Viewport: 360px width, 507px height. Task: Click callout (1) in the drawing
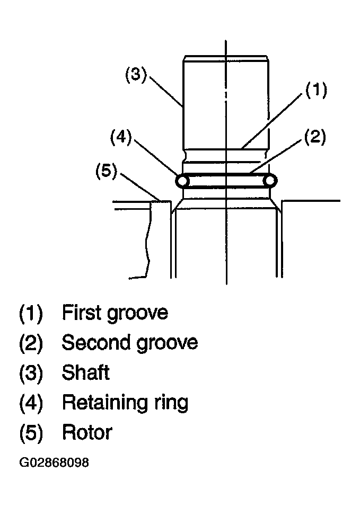316,90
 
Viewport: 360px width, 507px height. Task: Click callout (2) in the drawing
315,137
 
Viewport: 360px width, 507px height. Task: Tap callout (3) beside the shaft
136,74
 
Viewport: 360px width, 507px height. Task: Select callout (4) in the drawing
121,137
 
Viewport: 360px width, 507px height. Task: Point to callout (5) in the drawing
107,171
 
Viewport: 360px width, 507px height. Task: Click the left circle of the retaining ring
182,181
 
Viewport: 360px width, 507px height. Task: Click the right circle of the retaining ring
269,181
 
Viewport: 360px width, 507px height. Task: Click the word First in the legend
81,313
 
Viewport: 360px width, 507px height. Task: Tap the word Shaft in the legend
86,372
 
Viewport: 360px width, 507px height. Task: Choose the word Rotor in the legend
87,433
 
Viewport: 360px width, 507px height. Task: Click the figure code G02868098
54,462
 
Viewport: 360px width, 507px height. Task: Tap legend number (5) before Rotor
31,433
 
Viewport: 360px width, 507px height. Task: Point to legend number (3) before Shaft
31,373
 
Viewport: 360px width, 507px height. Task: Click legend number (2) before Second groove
31,343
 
